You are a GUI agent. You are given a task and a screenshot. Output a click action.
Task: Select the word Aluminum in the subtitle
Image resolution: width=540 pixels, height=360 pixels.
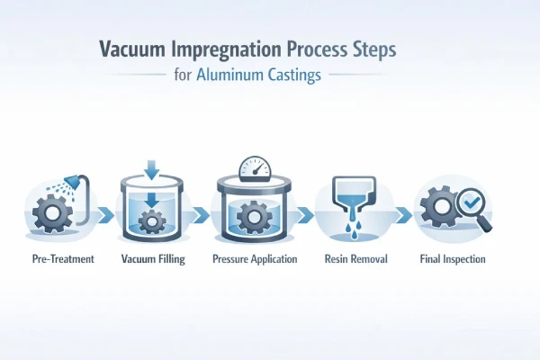pyautogui.click(x=236, y=76)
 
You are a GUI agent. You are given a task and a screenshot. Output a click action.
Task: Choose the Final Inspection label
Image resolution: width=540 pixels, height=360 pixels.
pyautogui.click(x=453, y=259)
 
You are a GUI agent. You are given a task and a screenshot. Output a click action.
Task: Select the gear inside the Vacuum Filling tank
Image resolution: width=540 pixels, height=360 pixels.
pyautogui.click(x=153, y=221)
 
